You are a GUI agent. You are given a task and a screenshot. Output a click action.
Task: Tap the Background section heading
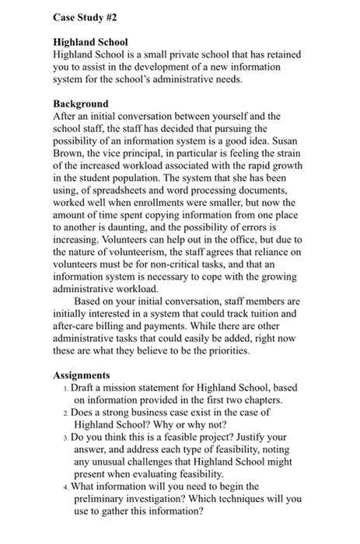tap(81, 103)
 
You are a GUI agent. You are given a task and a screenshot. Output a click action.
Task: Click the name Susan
tap(287, 141)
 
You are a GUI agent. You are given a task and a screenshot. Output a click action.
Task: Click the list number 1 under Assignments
tap(66, 388)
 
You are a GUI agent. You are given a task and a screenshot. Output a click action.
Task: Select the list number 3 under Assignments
tap(66, 438)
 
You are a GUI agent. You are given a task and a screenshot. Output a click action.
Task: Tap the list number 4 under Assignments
tap(66, 487)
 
